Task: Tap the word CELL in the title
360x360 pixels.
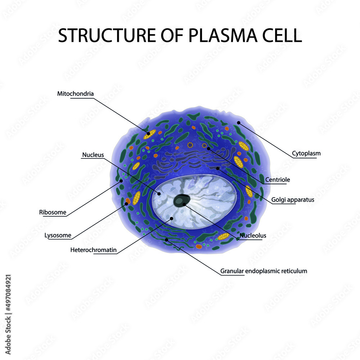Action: pyautogui.click(x=280, y=35)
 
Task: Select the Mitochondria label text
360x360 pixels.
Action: pyautogui.click(x=76, y=94)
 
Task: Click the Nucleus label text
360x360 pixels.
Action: pyautogui.click(x=93, y=155)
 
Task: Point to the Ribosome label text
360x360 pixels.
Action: pyautogui.click(x=53, y=212)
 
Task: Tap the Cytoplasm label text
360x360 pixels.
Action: pyautogui.click(x=306, y=153)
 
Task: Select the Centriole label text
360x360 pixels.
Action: pyautogui.click(x=278, y=179)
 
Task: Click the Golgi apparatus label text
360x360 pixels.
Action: pyautogui.click(x=293, y=199)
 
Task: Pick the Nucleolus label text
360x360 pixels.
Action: pyautogui.click(x=253, y=235)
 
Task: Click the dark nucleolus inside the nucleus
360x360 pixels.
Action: pyautogui.click(x=181, y=201)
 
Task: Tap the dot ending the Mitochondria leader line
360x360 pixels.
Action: pyautogui.click(x=148, y=134)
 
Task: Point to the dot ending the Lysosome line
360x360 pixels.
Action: pyautogui.click(x=126, y=204)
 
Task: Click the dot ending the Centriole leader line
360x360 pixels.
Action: pyautogui.click(x=208, y=148)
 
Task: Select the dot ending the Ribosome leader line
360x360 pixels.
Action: pyautogui.click(x=121, y=181)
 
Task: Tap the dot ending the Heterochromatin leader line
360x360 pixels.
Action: pyautogui.click(x=171, y=218)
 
